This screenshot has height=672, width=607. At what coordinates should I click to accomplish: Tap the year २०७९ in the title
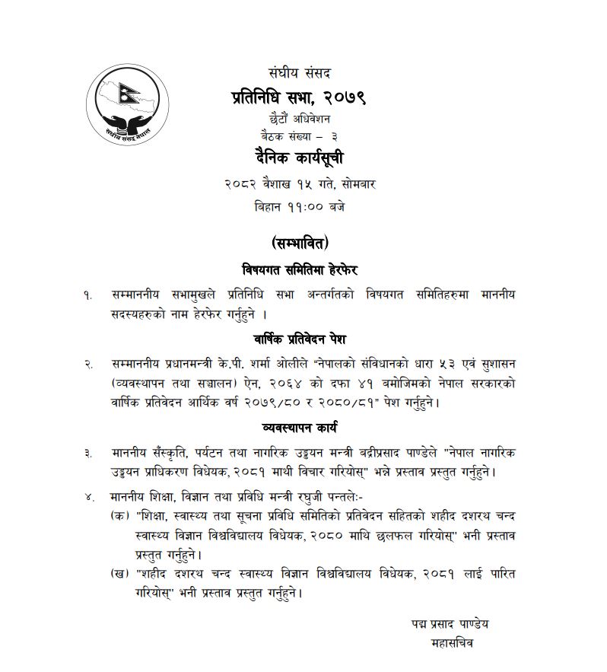pyautogui.click(x=342, y=97)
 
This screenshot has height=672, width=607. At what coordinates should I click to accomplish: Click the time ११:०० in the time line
pyautogui.click(x=304, y=206)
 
